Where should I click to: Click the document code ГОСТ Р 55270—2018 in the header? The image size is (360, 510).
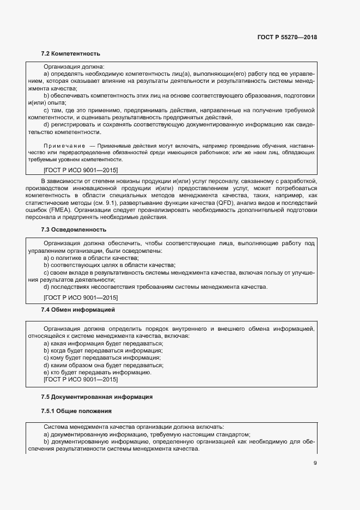287,38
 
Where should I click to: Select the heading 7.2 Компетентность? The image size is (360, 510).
71,54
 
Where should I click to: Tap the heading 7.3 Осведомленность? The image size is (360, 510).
74,230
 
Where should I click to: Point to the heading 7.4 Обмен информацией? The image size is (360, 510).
78,309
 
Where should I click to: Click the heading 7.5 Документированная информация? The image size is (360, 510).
97,397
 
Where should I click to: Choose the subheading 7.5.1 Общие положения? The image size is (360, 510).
77,411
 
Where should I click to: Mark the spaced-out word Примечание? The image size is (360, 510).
64,147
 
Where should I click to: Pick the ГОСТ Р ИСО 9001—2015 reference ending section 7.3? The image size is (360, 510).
80,297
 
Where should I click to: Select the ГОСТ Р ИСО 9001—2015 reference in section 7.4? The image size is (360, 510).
80,379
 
